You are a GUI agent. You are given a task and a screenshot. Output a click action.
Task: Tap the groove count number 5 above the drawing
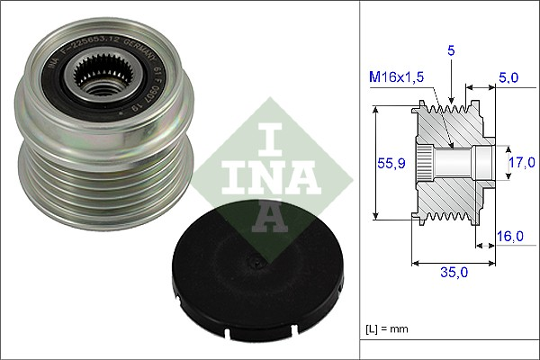[449, 53]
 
